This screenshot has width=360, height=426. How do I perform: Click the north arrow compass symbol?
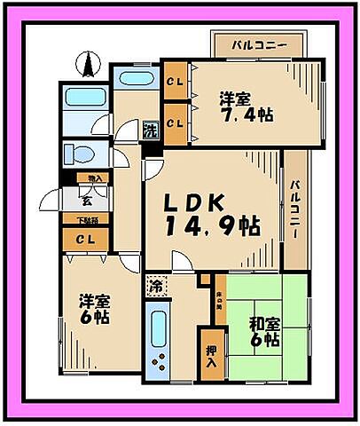[x=89, y=64]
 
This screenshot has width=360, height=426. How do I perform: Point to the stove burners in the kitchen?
[x=160, y=363]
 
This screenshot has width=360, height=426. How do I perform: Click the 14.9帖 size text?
[x=210, y=226]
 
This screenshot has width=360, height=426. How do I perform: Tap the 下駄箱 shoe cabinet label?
[x=85, y=219]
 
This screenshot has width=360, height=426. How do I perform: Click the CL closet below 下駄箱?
[x=85, y=239]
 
